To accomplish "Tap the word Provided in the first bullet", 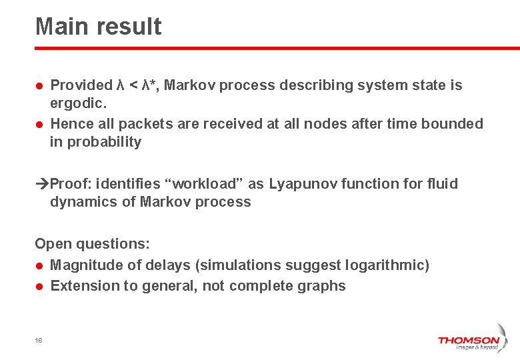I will pos(81,85).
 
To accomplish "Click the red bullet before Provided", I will pos(40,86).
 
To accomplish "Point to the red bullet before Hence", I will pos(40,125).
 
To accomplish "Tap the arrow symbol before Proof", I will pos(42,184).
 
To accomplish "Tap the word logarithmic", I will pos(387,265).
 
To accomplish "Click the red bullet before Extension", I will pos(40,287).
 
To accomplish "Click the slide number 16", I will pos(39,340).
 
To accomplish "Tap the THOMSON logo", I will pos(468,342).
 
